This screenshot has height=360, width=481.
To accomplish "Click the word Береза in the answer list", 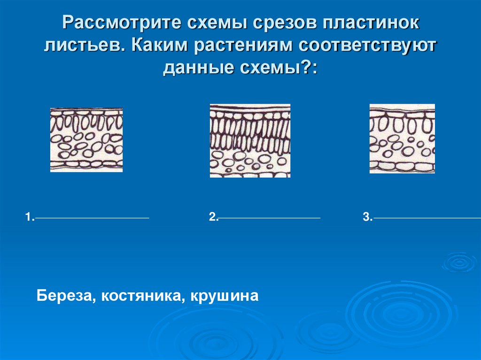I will tap(64, 297).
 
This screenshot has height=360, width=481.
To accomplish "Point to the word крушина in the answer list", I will tap(224, 297).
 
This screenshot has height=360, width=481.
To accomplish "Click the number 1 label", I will tap(29, 217).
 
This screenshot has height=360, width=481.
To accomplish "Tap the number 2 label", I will tap(213, 217).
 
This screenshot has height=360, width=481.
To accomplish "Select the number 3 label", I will tap(366, 217).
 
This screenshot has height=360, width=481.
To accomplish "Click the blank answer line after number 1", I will tap(92, 218).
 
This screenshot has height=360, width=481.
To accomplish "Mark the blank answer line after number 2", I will tap(270, 218).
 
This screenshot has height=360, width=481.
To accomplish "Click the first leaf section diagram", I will tap(86, 140).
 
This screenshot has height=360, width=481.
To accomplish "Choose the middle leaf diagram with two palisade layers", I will tap(250, 140).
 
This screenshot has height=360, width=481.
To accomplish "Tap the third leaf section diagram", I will tap(402, 138).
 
